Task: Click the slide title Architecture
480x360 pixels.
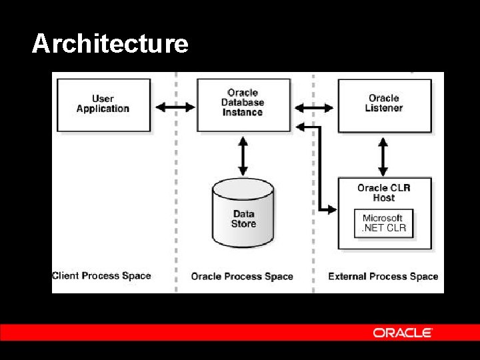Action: (110, 44)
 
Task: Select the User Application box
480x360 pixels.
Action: (103, 105)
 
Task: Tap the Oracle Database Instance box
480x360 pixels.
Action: (243, 105)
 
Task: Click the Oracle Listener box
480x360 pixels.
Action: (385, 105)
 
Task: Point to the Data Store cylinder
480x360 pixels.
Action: (243, 213)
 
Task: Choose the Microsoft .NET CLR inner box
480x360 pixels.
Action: (383, 223)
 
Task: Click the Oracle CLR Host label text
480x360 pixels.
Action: (384, 193)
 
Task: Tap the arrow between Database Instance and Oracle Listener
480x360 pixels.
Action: (315, 107)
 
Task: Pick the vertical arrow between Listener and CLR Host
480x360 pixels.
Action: (383, 157)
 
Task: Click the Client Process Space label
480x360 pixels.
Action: (101, 276)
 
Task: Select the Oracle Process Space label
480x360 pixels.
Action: (242, 277)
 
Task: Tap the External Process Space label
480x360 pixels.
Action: (383, 277)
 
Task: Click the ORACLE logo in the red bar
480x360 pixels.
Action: (403, 333)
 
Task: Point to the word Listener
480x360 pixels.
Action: (384, 108)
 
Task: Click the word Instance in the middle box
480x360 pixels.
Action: (243, 113)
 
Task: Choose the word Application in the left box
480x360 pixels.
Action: (103, 109)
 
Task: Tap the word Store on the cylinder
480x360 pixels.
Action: (243, 223)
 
